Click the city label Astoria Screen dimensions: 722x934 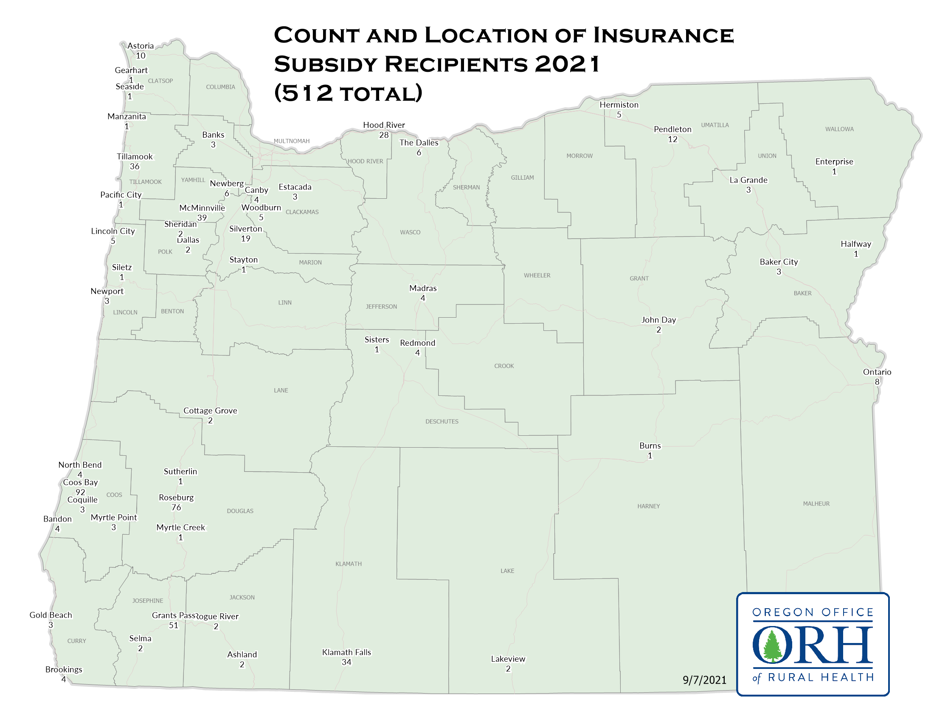click(x=140, y=46)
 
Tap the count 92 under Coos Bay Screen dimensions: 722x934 click(x=80, y=492)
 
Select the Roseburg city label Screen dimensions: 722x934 click(x=176, y=497)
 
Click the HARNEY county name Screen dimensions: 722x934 click(x=648, y=506)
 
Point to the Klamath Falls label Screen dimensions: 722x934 click(x=346, y=652)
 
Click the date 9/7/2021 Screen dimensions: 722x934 click(x=704, y=680)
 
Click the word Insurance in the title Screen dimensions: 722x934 click(x=663, y=36)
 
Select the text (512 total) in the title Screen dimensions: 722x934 click(x=348, y=93)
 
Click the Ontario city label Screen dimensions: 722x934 click(x=877, y=372)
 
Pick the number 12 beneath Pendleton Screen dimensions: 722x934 click(x=672, y=139)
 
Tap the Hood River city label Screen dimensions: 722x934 click(x=384, y=125)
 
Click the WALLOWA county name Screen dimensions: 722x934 click(x=839, y=129)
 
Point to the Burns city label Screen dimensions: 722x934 click(x=650, y=446)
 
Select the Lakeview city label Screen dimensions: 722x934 click(x=508, y=659)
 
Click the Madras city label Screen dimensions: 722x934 click(x=422, y=288)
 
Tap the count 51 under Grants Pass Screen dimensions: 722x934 click(x=173, y=625)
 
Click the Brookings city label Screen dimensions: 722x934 click(x=64, y=669)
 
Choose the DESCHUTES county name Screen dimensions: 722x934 click(x=442, y=421)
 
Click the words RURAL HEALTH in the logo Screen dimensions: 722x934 click(x=821, y=677)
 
